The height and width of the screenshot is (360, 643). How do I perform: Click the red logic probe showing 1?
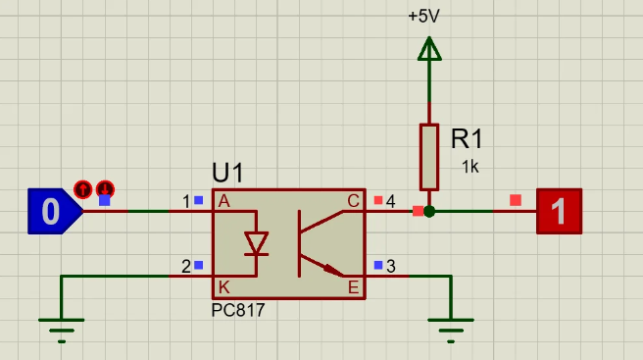560,211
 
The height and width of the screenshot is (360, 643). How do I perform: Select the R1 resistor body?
429,156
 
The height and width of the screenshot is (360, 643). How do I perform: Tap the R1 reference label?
467,138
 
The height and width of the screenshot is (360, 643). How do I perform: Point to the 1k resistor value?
470,167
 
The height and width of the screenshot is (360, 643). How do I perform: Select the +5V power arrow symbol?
428,48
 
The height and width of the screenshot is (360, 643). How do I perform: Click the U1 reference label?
227,174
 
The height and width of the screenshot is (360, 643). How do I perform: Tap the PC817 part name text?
238,310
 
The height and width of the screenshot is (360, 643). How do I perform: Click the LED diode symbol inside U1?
256,242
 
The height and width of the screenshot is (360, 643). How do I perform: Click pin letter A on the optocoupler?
223,201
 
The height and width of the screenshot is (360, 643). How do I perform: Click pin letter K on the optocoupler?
223,287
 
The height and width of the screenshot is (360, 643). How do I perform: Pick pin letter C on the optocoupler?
353,201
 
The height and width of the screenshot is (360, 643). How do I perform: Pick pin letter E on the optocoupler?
353,287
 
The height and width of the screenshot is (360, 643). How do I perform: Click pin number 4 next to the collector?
390,201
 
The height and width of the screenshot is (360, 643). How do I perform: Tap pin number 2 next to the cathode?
186,266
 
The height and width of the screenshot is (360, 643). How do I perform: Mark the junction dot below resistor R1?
429,211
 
